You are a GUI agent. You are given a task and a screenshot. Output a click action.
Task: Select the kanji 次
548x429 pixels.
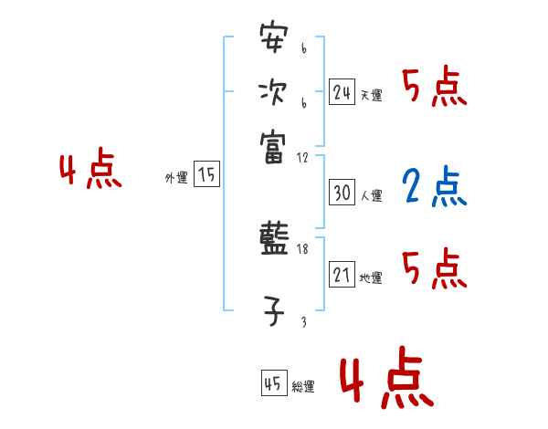coord(272,91)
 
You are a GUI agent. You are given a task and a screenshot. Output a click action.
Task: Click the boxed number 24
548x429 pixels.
coord(342,92)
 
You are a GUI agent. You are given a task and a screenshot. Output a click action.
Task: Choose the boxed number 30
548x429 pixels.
coord(342,194)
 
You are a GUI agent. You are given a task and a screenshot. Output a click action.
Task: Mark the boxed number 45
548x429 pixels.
coord(272,384)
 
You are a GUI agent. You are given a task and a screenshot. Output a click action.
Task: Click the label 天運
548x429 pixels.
coord(371,95)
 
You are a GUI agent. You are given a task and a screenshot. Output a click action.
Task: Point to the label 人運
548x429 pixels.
coord(371,195)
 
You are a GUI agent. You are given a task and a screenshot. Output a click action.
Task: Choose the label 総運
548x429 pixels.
coord(303,387)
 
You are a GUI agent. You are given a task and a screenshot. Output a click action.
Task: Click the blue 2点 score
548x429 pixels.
coord(433,186)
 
